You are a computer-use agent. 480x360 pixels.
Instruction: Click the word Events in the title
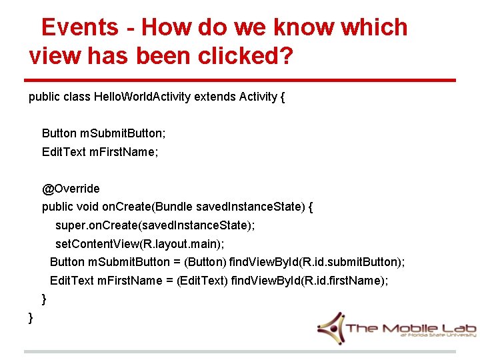click(x=79, y=27)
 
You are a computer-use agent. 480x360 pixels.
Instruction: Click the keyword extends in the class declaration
click(x=215, y=97)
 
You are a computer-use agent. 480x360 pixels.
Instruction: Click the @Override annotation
click(x=71, y=189)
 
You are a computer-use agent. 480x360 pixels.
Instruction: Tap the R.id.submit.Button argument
click(x=351, y=262)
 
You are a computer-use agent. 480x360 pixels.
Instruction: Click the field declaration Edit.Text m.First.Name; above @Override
click(x=100, y=152)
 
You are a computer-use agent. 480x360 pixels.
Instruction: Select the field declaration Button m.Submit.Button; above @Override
click(x=104, y=133)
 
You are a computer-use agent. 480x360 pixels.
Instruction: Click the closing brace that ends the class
click(x=31, y=317)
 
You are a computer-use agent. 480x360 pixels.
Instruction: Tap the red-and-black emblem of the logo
click(x=329, y=328)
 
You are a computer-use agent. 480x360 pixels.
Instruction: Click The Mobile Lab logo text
click(x=410, y=328)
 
